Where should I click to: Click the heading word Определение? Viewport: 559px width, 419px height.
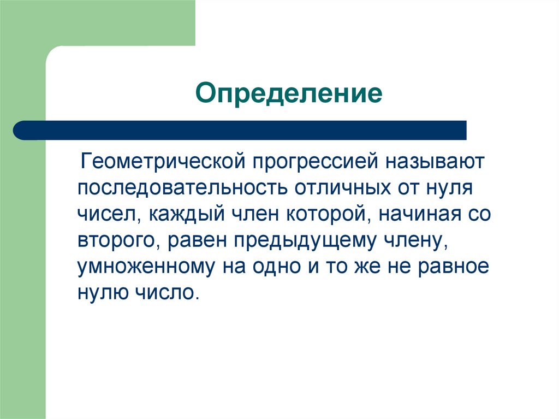[289, 93]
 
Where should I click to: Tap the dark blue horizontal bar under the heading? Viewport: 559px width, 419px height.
[240, 130]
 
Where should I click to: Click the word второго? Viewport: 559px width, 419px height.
[120, 240]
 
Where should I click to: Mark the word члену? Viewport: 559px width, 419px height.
[418, 240]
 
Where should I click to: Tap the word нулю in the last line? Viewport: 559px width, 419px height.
[100, 292]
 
